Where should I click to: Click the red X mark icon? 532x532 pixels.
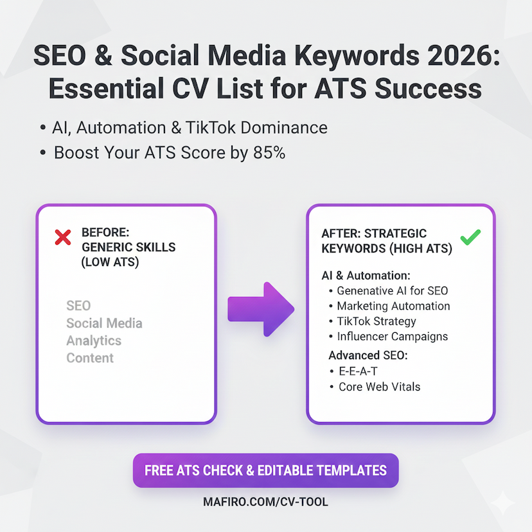tap(63, 238)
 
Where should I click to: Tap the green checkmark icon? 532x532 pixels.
tap(470, 238)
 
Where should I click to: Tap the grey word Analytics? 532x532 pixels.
tap(94, 341)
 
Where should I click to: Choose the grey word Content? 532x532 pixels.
tap(90, 358)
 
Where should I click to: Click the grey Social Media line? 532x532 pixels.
tap(104, 323)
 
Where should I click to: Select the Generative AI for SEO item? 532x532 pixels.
tap(393, 290)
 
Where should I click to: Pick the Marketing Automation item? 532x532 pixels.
tap(393, 306)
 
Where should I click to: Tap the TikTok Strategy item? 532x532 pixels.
tap(377, 321)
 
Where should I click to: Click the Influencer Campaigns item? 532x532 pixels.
tap(393, 337)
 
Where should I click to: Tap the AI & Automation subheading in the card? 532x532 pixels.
tap(366, 275)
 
